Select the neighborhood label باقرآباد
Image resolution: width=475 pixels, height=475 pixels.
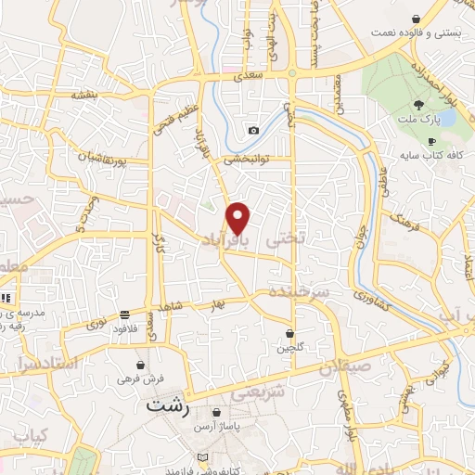[x=226, y=239]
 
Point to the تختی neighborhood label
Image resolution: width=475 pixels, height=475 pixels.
[x=286, y=239]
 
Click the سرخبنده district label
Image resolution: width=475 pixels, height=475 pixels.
[x=299, y=291]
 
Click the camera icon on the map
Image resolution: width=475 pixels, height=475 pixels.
[x=253, y=131]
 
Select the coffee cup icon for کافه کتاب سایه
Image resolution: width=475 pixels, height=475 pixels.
[x=430, y=142]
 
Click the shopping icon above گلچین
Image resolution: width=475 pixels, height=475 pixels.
[x=289, y=332]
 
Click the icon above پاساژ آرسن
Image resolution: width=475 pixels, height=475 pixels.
[x=216, y=413]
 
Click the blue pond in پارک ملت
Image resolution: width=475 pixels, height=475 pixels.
[x=446, y=119]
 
